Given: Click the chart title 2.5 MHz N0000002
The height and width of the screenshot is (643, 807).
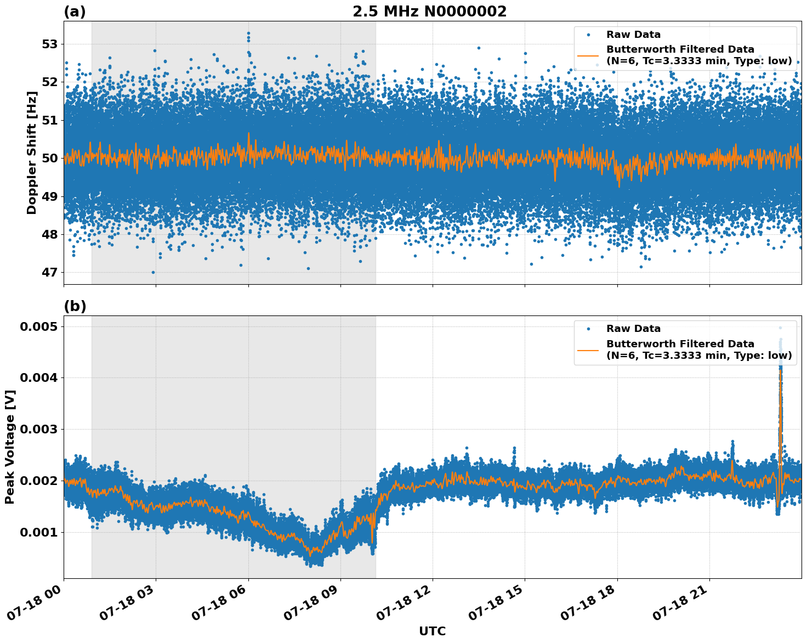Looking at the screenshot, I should click(429, 12).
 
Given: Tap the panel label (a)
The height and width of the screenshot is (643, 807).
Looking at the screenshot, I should click(75, 12).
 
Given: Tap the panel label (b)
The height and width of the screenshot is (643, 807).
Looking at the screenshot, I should click(75, 306).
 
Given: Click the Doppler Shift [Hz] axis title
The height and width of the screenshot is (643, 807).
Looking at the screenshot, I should click(32, 153).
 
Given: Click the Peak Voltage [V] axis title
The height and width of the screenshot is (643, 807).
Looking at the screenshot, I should click(10, 447).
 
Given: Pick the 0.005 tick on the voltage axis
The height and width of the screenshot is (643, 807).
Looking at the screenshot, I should click(38, 327).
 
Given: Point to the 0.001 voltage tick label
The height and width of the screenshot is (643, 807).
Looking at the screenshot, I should click(38, 533).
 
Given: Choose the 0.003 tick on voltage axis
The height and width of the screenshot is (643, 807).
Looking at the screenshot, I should click(38, 430).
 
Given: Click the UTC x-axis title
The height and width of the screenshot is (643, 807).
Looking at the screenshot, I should click(432, 631).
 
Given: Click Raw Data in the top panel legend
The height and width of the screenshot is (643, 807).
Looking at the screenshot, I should click(633, 35).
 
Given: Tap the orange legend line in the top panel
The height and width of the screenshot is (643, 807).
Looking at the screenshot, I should click(588, 55).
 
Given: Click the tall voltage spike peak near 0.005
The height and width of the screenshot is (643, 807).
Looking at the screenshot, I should click(780, 328).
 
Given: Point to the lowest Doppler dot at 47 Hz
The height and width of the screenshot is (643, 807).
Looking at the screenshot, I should click(153, 272).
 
